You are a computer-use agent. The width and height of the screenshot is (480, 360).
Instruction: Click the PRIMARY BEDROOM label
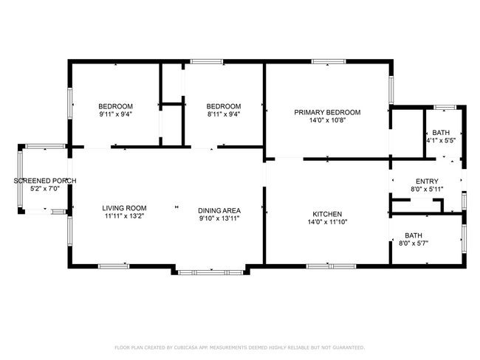tap(327, 112)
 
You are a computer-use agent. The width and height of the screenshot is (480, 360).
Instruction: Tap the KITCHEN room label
tap(327, 213)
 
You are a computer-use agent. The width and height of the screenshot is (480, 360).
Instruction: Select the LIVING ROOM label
tap(124, 208)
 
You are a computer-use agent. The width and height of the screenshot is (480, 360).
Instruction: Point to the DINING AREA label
tap(219, 209)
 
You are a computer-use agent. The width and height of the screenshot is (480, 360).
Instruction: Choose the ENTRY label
tap(427, 181)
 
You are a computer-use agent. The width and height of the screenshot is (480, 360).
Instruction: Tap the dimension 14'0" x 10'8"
tap(327, 121)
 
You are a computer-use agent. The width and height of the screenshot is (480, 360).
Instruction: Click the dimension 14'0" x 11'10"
tap(327, 222)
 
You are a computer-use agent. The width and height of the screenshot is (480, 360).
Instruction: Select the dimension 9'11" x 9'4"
tap(116, 114)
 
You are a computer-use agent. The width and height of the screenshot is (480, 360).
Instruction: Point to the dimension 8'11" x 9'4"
tap(223, 114)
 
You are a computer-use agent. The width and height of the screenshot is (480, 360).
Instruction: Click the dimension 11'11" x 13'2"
tap(124, 217)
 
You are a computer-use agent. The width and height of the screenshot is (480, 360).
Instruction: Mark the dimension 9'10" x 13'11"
tap(219, 218)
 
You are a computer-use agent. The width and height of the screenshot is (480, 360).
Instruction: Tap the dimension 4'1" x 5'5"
tap(441, 140)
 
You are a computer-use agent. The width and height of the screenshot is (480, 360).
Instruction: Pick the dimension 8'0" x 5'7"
tap(414, 243)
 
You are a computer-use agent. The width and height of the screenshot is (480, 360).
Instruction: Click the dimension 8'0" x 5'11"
tap(427, 190)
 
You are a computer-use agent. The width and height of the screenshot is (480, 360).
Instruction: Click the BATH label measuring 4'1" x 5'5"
tap(441, 132)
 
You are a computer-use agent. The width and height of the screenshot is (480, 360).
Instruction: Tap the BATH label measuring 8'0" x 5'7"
tap(414, 235)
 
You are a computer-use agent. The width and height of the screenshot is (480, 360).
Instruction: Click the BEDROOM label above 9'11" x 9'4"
tap(116, 105)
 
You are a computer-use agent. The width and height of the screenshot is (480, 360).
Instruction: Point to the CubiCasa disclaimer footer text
tap(239, 347)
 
